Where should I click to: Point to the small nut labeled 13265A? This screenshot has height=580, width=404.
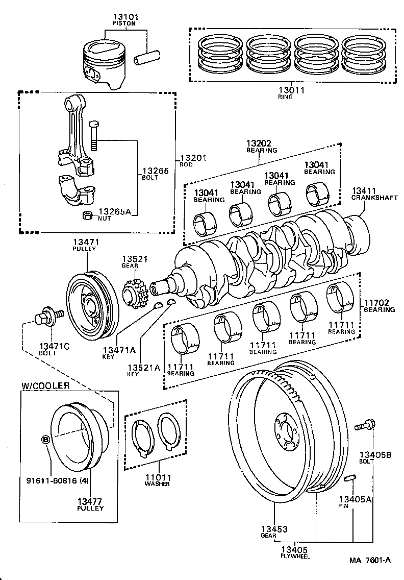[x=87, y=214]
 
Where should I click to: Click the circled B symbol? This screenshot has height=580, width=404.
[x=46, y=439]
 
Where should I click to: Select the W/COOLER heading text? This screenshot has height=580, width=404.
[x=45, y=385]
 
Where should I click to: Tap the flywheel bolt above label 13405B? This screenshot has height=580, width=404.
[x=367, y=424]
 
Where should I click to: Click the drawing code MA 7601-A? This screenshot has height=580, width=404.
[x=370, y=560]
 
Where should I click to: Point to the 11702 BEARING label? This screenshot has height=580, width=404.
[x=378, y=305]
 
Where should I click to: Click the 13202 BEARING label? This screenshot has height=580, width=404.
[x=262, y=147]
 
